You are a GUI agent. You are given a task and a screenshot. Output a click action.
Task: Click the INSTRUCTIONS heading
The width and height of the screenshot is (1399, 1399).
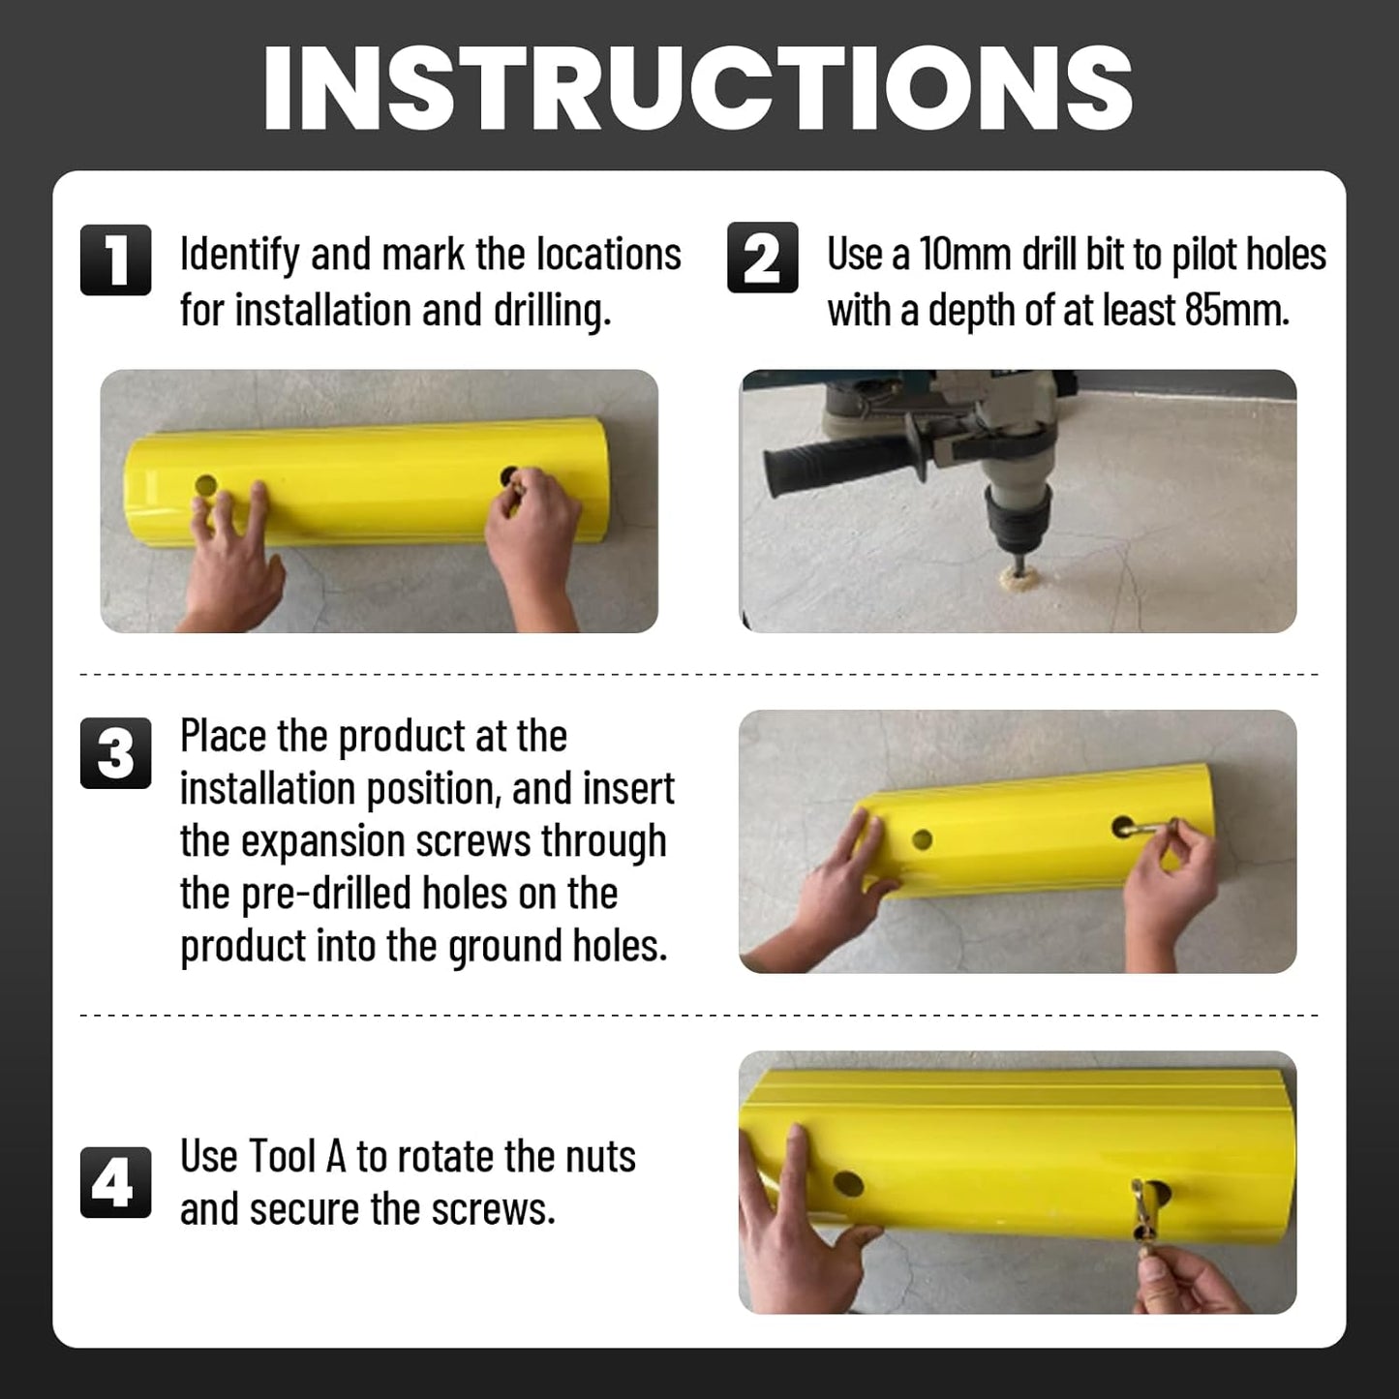[x=698, y=88]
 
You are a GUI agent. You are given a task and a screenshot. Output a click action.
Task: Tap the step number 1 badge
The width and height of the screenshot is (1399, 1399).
[x=115, y=259]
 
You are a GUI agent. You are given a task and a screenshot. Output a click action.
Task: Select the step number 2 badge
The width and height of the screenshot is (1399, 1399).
[x=762, y=258]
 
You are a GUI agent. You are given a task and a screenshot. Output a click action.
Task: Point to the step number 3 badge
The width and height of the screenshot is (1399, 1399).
[x=115, y=753]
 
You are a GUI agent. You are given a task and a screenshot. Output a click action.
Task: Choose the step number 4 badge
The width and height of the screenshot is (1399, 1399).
[x=115, y=1182]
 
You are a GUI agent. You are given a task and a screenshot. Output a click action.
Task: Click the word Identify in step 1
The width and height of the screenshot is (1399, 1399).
[x=239, y=256]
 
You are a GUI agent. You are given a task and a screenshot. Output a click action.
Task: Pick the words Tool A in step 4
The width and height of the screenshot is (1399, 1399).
[x=297, y=1157]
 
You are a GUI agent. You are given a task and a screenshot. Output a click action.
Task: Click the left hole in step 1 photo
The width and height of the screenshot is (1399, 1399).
[x=205, y=485]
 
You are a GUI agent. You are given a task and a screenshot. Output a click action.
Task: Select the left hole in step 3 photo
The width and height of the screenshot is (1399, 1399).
[x=922, y=839]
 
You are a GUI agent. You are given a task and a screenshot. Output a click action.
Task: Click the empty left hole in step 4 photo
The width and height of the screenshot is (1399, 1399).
[x=848, y=1183]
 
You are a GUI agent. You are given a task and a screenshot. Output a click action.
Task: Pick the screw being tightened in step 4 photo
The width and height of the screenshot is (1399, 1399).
[x=1149, y=1210]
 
